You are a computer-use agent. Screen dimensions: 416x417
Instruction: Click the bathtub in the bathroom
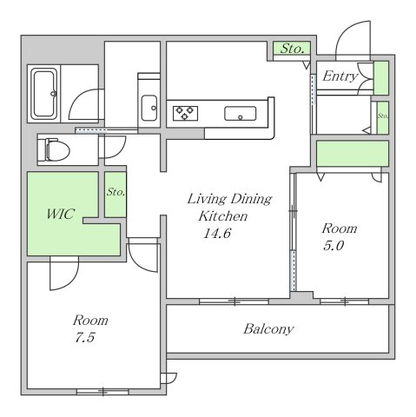[44, 94]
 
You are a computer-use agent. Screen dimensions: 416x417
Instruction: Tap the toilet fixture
[57, 149]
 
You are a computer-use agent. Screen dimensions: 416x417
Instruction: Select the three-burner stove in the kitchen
[185, 113]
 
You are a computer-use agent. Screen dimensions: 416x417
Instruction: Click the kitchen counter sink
[240, 114]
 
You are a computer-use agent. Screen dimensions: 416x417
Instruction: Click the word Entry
[340, 76]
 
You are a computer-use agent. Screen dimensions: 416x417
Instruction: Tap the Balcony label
[268, 329]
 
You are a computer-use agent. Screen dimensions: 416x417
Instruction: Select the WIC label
[61, 214]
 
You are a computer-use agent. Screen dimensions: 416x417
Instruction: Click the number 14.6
[217, 234]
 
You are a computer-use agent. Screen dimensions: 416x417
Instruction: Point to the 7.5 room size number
[85, 338]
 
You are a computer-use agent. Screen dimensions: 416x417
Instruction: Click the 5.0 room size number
[333, 246]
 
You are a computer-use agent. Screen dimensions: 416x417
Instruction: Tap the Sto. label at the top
[293, 49]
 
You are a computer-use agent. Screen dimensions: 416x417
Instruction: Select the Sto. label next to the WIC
[116, 192]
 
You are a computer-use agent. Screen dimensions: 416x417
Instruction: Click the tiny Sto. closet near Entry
[383, 117]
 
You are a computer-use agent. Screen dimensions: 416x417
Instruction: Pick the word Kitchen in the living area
[223, 216]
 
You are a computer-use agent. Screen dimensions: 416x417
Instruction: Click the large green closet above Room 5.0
[353, 154]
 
